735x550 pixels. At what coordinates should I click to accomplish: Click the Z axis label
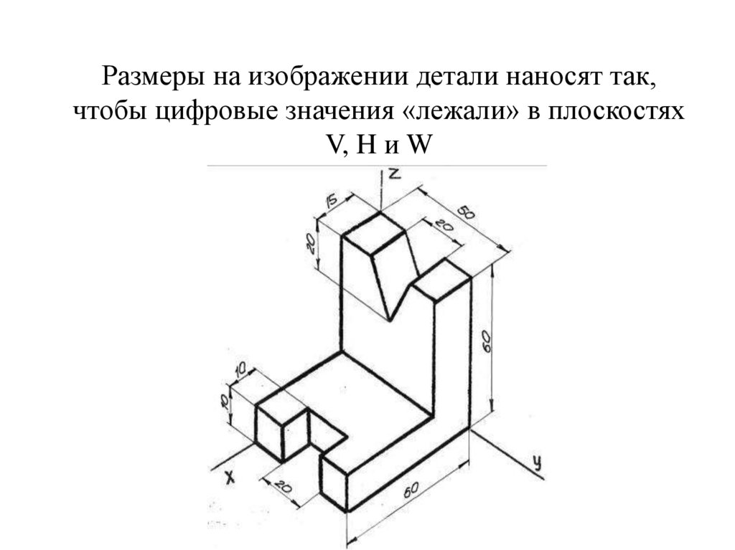394,174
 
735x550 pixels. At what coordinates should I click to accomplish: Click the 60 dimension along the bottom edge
411,491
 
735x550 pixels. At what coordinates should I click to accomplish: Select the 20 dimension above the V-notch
444,225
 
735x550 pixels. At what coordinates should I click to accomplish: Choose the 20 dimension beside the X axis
282,488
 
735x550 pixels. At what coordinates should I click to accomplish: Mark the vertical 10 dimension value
225,401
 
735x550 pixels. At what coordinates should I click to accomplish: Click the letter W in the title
417,146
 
